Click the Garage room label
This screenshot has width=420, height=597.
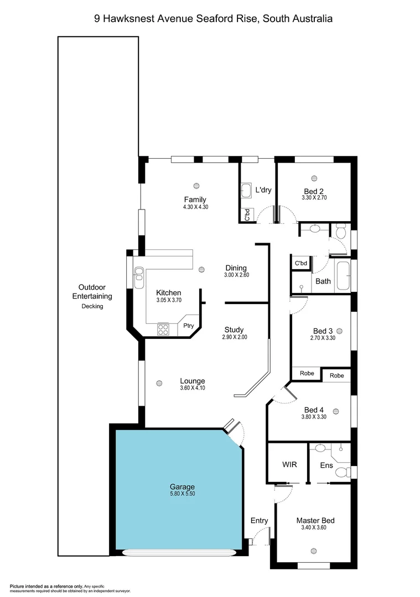[182, 487]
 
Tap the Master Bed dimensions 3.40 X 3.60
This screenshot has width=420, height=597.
[315, 528]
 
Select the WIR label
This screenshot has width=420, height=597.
[289, 464]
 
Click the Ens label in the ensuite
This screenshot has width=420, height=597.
[326, 465]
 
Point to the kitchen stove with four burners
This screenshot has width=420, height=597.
[163, 329]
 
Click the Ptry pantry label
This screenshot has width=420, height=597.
[188, 326]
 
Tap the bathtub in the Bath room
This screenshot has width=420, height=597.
[343, 275]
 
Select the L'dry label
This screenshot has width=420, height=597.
[263, 190]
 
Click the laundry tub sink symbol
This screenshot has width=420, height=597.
[247, 191]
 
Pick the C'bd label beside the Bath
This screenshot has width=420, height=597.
[301, 263]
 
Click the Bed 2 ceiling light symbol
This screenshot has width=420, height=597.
[314, 178]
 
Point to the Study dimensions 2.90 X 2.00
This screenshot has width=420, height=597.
[235, 337]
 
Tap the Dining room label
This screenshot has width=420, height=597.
[236, 268]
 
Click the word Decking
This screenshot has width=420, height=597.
[92, 306]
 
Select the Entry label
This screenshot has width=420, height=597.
[259, 521]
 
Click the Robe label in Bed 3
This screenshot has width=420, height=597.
[307, 374]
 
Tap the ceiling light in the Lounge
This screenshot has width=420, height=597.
[159, 383]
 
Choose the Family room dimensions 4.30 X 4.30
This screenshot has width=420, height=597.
[195, 207]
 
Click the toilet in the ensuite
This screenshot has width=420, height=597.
[343, 472]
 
